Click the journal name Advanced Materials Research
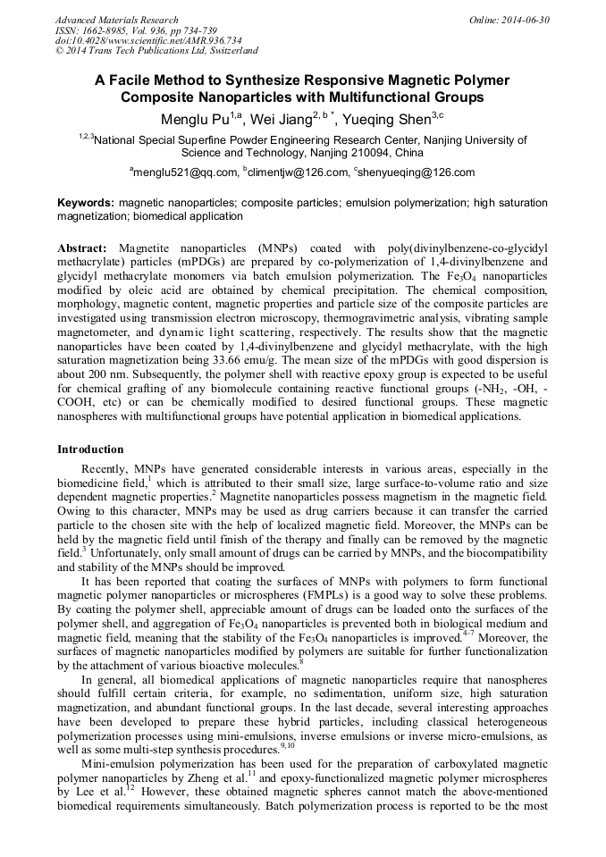116,20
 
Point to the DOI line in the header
136,41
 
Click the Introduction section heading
90,449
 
